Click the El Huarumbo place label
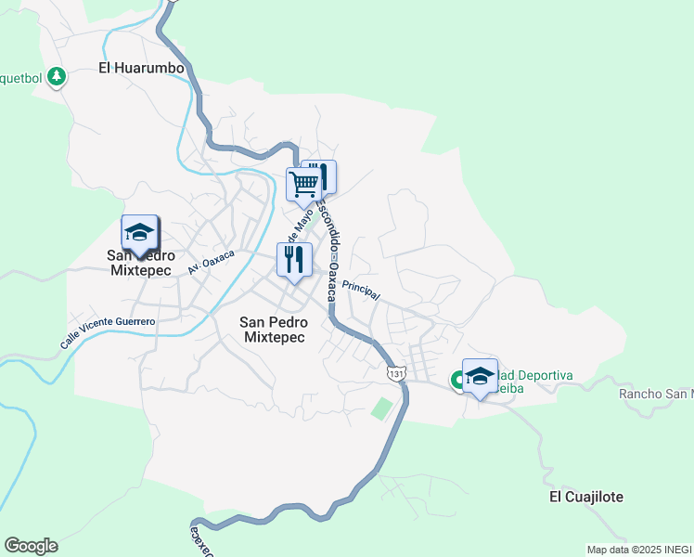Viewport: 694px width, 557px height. point(141,67)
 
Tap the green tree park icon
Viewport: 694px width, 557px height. point(58,76)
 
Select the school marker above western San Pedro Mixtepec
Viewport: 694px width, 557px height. point(139,234)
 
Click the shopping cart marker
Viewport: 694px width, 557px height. point(303,185)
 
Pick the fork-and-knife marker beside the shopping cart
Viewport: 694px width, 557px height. point(321,176)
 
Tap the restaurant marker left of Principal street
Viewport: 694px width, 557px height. point(294,260)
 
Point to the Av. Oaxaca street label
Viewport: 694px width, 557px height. point(212,261)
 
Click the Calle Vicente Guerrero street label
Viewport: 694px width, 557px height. point(108,331)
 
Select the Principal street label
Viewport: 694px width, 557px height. point(361,290)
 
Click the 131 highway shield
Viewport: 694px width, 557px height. point(396,373)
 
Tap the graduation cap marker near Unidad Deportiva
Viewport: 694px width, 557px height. point(480,376)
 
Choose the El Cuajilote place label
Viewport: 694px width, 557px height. point(586,497)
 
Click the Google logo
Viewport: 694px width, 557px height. point(31,545)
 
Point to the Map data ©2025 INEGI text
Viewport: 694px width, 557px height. point(639,550)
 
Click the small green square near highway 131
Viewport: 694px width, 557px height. point(381,408)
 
